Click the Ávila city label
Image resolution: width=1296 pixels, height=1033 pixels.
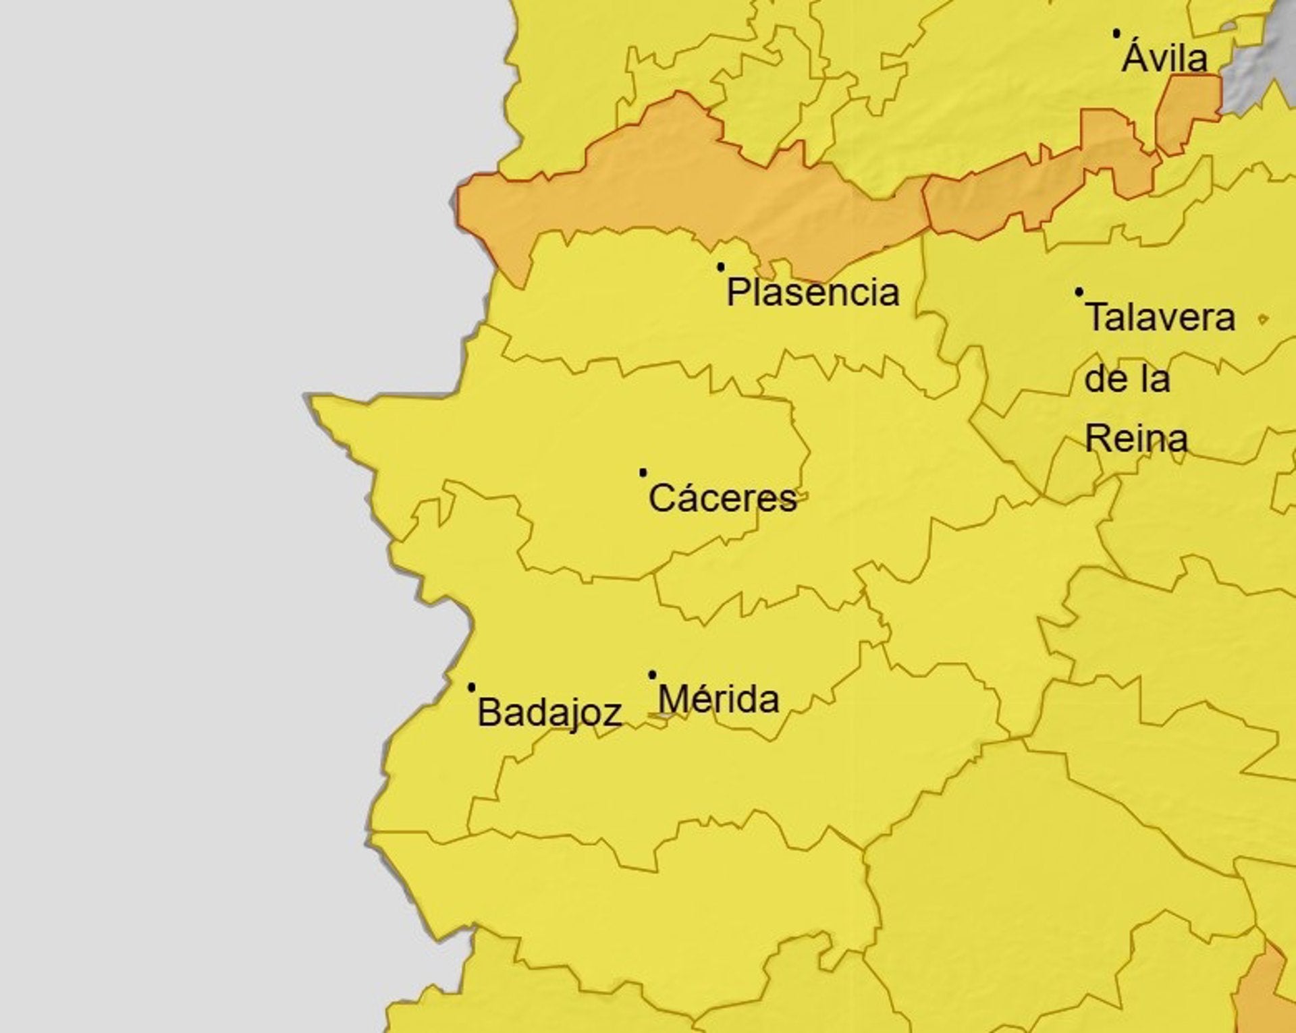pos(1164,58)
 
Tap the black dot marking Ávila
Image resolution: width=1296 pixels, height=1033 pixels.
pos(1116,32)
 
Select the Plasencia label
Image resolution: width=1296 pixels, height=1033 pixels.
pos(813,293)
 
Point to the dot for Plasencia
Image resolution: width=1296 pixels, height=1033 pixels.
pos(721,267)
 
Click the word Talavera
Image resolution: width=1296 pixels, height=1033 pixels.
pos(1160,318)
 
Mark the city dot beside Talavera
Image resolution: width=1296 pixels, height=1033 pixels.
pos(1079,292)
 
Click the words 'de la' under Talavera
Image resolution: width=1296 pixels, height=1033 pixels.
pos(1127,379)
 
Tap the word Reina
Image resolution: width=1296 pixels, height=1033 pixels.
pos(1136,439)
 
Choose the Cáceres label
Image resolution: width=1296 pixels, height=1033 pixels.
pos(722,499)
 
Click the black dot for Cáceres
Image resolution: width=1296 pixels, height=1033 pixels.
pos(643,472)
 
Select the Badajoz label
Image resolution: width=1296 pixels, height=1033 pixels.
pos(549,713)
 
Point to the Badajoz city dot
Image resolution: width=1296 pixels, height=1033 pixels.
pos(471,688)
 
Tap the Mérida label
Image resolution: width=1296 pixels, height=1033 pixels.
pos(718,700)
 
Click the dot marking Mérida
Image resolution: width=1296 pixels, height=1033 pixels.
pos(652,675)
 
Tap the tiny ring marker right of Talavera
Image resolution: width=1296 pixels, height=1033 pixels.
pos(1262,319)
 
